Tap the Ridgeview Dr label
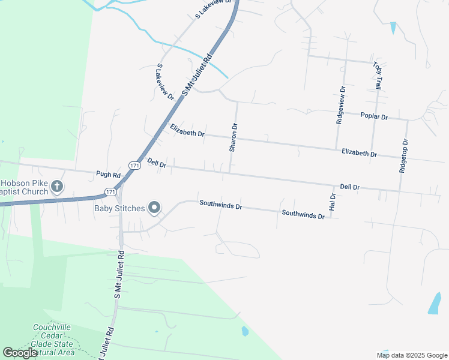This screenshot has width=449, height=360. pos(341,105)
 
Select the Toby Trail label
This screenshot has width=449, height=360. pos(377,76)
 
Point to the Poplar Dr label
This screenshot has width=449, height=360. pos(374,116)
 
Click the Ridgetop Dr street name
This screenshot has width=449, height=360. pos(403,157)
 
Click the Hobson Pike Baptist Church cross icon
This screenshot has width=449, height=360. pos(57,186)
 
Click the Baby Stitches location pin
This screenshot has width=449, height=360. pos(154,208)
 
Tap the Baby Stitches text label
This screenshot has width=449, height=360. pos(119,208)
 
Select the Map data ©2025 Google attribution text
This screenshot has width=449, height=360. pos(412,355)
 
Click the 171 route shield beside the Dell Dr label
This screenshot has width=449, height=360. pos(134,165)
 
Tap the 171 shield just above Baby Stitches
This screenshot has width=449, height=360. pos(110,191)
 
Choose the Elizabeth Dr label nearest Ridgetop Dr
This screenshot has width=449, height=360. pos(359,154)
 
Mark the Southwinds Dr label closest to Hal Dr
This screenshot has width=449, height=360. pos(303,214)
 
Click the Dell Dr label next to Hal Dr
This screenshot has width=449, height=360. pos(349,187)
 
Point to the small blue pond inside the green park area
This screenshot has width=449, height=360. pos(244,331)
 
